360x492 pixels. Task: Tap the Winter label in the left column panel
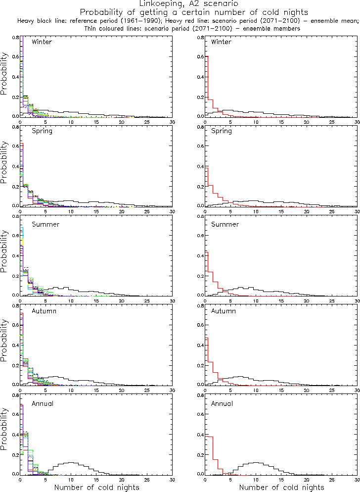(x=42, y=42)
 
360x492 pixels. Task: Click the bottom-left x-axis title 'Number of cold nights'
(x=96, y=488)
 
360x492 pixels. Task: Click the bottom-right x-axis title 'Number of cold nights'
(x=282, y=488)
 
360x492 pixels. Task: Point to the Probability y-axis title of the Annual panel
(x=4, y=439)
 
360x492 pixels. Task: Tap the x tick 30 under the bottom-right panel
(x=357, y=480)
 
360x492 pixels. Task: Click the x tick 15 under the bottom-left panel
(x=96, y=480)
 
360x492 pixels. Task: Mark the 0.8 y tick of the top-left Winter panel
(x=15, y=38)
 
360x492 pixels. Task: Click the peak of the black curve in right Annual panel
(x=255, y=462)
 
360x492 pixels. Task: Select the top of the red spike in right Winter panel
(x=206, y=56)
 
